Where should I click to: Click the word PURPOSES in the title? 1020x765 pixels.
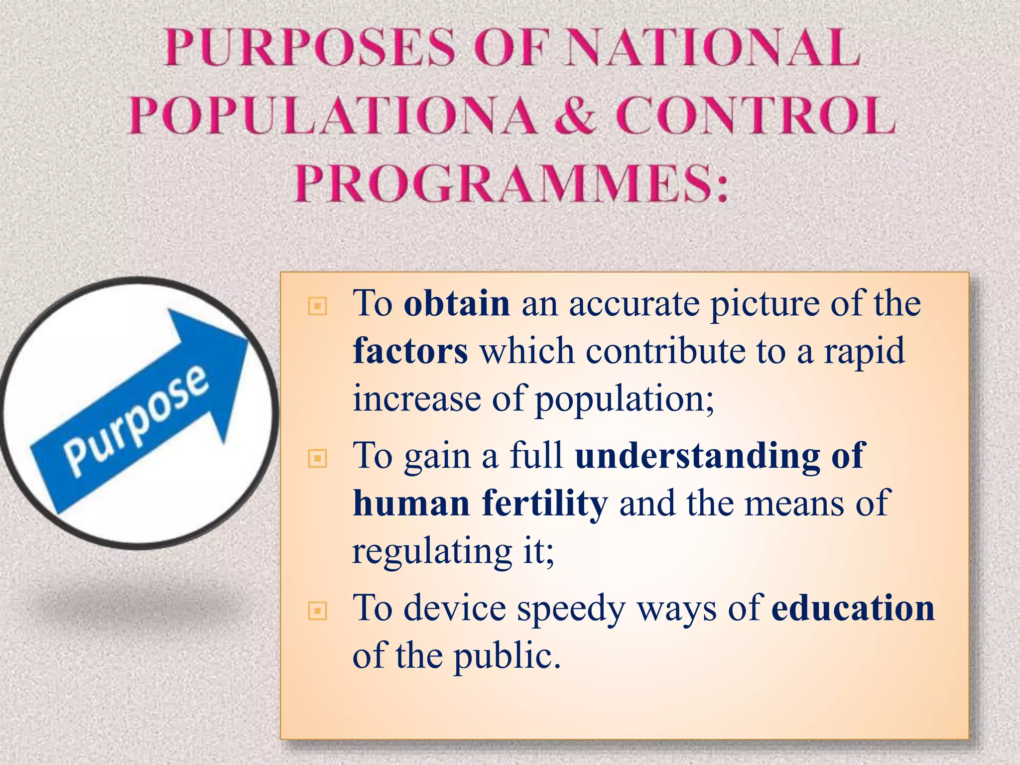point(310,48)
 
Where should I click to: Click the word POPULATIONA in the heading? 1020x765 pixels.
point(333,116)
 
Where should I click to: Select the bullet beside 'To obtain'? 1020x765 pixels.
point(318,306)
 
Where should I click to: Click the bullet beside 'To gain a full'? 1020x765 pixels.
point(318,458)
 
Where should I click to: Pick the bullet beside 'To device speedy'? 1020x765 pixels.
point(318,611)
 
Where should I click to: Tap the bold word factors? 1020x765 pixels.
point(410,351)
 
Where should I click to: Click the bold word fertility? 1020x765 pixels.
point(545,503)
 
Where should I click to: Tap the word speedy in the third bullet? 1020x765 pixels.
point(571,609)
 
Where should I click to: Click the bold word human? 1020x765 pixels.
point(411,503)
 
